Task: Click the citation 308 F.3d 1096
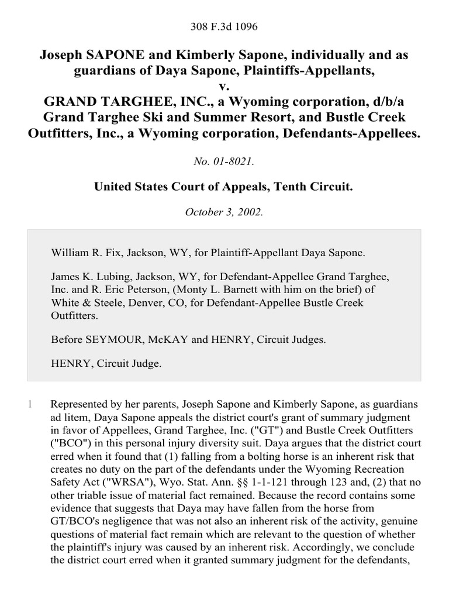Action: [x=224, y=26]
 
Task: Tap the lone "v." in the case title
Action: [x=224, y=87]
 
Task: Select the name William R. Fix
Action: [x=85, y=253]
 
